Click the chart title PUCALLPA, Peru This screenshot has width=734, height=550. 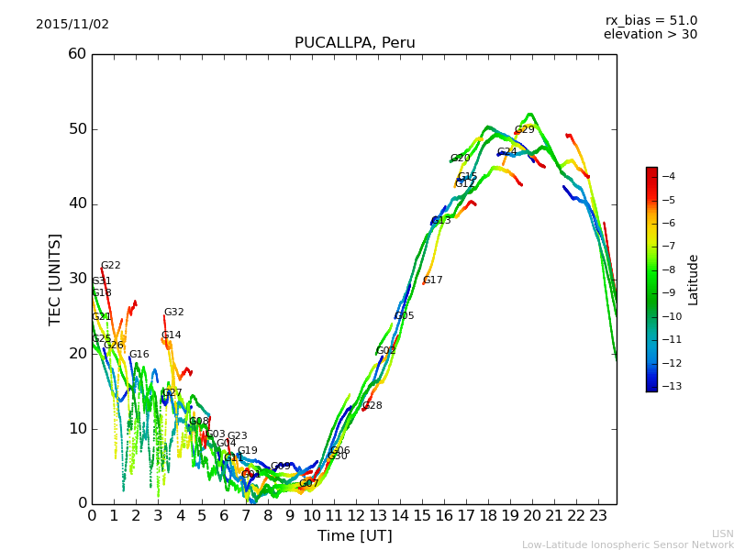(354, 43)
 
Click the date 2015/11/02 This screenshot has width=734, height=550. (72, 25)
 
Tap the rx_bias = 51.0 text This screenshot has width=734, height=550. (651, 21)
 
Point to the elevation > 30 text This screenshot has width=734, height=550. (650, 35)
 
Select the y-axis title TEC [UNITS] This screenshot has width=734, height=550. (55, 279)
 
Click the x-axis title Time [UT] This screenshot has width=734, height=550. (354, 536)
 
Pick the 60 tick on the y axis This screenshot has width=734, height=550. (77, 54)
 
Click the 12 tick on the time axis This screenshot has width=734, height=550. (356, 515)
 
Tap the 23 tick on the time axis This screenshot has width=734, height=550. (598, 515)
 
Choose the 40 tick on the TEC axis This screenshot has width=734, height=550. (77, 203)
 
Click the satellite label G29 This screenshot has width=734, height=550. (524, 130)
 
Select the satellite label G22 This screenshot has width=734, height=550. (110, 266)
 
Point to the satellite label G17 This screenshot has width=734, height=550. (432, 280)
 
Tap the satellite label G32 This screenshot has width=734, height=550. (173, 313)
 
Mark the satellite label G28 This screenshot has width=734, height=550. (372, 406)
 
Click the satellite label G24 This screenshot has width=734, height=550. (506, 152)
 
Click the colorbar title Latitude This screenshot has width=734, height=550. (694, 279)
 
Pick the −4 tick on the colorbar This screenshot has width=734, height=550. (669, 176)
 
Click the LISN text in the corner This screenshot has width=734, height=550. (723, 533)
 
